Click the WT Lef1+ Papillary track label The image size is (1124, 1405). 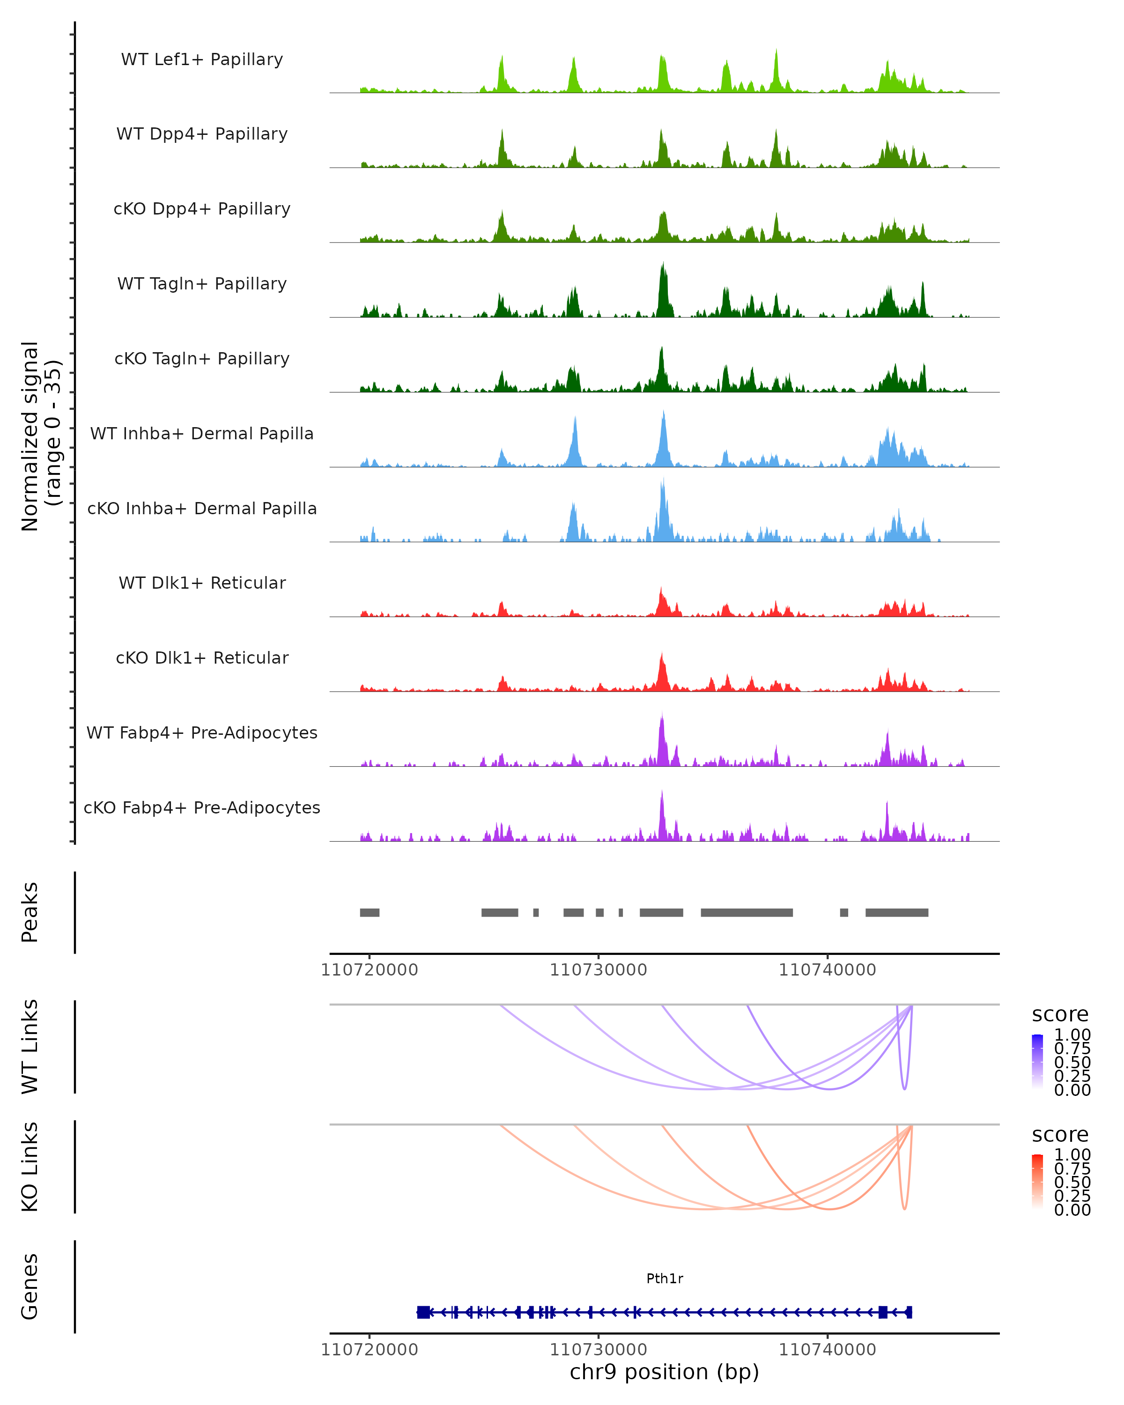(202, 59)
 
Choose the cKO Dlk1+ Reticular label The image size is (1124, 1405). (202, 658)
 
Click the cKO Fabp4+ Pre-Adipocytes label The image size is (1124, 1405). (202, 807)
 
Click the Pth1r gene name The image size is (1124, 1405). (664, 1278)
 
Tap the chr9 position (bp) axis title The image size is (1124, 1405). (664, 1371)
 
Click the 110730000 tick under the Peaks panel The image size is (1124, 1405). (598, 970)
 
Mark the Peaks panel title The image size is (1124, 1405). (30, 912)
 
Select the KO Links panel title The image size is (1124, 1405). (30, 1167)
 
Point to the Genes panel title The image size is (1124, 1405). (30, 1287)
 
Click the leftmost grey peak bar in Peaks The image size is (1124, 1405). (370, 912)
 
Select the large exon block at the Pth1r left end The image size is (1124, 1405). (423, 1312)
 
